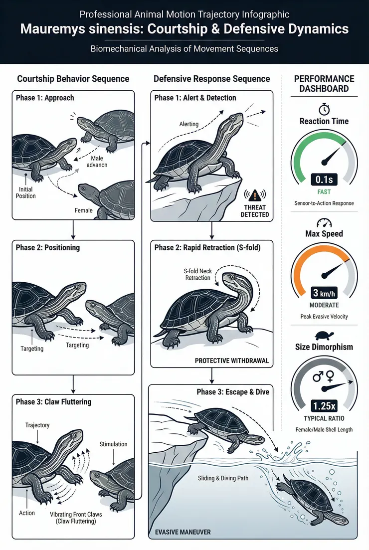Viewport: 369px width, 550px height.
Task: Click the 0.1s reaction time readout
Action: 324,180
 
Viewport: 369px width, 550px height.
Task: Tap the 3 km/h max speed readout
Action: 324,293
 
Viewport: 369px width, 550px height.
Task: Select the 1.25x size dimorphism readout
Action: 324,406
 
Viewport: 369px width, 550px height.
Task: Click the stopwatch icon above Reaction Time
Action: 324,109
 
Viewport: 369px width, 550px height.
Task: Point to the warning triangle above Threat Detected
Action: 255,194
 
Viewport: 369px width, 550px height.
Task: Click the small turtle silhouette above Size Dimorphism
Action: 324,336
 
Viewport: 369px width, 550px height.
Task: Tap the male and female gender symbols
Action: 324,376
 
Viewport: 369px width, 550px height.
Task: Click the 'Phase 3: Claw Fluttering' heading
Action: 53,402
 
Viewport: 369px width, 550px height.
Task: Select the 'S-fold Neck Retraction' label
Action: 198,274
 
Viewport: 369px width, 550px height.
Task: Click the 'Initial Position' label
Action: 25,192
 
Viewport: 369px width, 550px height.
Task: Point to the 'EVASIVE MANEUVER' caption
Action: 183,532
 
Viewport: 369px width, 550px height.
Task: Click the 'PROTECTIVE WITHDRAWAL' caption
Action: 232,361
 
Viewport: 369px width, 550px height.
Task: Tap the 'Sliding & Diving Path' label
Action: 223,478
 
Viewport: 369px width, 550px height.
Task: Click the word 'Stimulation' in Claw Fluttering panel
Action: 113,444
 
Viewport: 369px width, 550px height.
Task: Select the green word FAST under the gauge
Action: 324,192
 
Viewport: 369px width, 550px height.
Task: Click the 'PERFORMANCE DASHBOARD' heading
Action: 324,83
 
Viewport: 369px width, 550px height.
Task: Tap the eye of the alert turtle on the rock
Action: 233,118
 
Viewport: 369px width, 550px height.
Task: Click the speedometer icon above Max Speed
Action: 324,223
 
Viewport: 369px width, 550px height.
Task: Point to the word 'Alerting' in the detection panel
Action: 188,124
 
